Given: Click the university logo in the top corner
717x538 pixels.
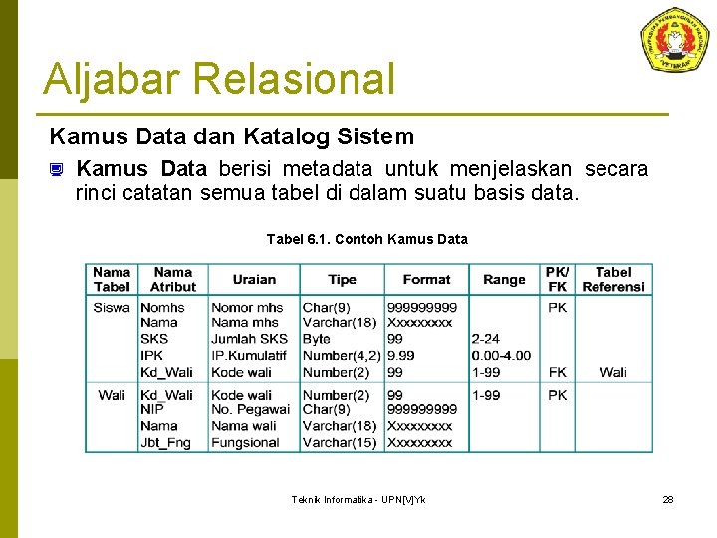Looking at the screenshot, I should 674,41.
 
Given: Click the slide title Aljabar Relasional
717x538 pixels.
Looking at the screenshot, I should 219,79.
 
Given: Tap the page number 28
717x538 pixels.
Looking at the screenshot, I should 668,499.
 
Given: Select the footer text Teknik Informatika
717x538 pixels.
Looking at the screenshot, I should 358,499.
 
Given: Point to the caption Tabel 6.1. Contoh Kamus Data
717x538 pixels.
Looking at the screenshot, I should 366,239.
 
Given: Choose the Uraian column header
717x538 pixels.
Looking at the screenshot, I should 254,280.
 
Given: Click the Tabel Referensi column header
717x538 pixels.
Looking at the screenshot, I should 613,279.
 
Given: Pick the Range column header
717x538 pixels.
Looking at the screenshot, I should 504,280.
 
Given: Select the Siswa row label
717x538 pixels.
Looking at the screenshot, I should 112,308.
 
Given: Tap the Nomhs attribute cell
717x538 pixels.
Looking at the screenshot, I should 162,308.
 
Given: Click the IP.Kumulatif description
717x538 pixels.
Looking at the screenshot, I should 248,355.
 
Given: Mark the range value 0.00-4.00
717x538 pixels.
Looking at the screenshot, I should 501,355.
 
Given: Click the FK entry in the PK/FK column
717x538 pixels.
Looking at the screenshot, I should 557,372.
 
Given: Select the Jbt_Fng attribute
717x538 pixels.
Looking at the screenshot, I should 165,442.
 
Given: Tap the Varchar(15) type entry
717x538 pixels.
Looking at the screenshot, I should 339,442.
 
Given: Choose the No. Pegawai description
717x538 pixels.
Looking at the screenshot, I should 250,410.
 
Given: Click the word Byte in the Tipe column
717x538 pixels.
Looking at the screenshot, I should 317,339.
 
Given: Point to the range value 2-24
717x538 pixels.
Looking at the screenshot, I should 486,339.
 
